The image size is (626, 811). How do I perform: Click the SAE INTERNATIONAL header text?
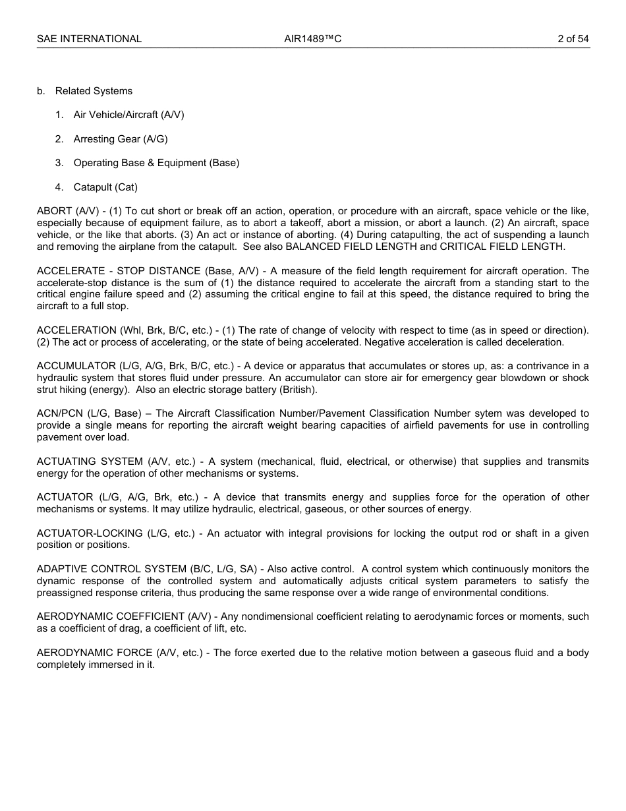(89, 39)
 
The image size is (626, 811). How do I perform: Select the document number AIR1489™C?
(312, 39)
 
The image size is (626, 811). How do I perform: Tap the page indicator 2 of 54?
(573, 39)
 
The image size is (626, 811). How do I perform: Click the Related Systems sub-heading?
(94, 91)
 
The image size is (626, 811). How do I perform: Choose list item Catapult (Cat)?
(105, 187)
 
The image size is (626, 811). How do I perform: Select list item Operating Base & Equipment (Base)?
(156, 163)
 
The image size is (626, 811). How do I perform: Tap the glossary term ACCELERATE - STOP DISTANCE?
(119, 271)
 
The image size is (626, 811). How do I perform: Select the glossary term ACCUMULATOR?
(76, 366)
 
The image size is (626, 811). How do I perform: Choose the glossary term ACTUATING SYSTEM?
(90, 462)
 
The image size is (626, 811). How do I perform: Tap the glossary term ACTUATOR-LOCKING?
(90, 533)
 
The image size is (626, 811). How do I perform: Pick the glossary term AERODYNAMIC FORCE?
(94, 653)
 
